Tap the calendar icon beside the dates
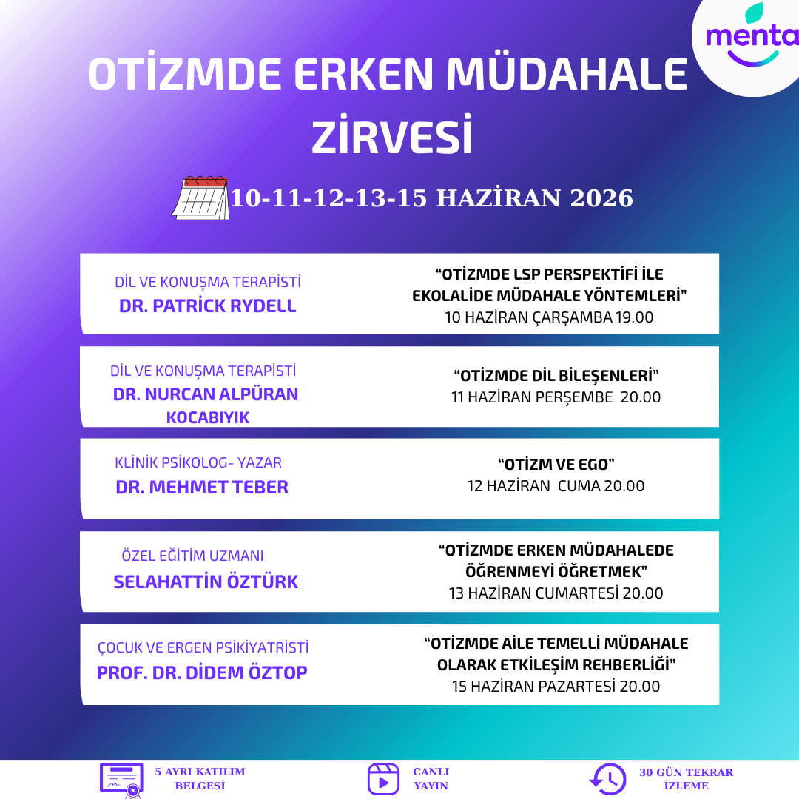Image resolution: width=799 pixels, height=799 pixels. [200, 198]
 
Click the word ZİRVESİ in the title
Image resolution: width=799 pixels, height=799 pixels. [392, 136]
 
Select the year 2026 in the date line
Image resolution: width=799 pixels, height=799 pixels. [601, 198]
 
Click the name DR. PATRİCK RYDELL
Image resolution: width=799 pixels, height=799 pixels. [207, 306]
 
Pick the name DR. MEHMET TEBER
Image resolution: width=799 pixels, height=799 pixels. [202, 487]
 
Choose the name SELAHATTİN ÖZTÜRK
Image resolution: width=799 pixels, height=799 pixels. [206, 581]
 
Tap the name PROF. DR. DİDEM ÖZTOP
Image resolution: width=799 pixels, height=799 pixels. [202, 672]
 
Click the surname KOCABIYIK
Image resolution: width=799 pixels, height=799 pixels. [207, 418]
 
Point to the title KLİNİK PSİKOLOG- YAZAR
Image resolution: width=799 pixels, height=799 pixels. [198, 462]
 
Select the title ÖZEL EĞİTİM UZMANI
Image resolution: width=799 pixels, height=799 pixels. [192, 556]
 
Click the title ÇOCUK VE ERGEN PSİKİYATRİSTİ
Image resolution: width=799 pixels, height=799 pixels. [203, 647]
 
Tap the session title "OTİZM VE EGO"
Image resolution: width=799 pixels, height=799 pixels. [556, 464]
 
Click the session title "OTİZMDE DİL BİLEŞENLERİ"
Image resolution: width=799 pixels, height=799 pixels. [556, 376]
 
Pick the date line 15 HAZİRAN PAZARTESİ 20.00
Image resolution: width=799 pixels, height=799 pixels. [556, 687]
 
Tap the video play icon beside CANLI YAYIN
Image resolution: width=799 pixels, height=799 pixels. [383, 779]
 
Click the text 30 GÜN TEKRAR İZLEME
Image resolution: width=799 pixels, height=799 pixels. [686, 779]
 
